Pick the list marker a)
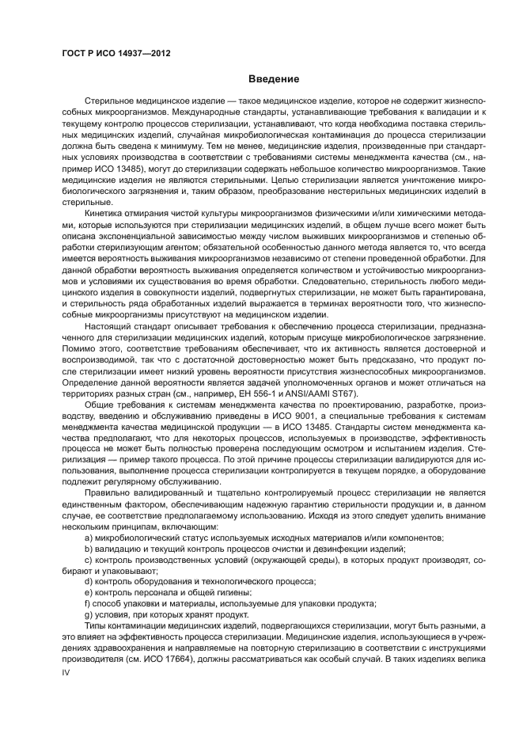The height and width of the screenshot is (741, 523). pyautogui.click(x=88, y=538)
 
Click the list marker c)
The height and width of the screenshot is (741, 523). pyautogui.click(x=88, y=560)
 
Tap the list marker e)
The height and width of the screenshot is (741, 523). pyautogui.click(x=88, y=592)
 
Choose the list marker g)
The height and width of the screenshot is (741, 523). pyautogui.click(x=88, y=614)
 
